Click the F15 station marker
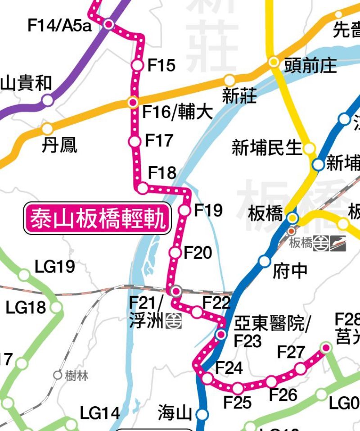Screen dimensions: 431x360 click(x=137, y=65)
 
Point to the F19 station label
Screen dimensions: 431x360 click(x=208, y=210)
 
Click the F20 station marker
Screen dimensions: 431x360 click(x=175, y=253)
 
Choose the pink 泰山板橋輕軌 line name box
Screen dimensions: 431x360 click(x=98, y=218)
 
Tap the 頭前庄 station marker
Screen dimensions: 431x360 click(x=274, y=62)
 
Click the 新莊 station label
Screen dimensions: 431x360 click(x=239, y=96)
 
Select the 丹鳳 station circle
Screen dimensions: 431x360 click(x=47, y=129)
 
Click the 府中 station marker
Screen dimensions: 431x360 click(x=264, y=261)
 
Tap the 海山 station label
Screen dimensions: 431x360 click(x=175, y=413)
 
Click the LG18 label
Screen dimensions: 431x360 click(x=26, y=308)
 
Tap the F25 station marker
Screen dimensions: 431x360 click(x=238, y=387)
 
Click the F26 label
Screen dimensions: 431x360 click(x=283, y=395)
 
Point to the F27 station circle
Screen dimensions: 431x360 click(x=300, y=369)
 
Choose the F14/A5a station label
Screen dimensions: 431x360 click(x=59, y=26)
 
